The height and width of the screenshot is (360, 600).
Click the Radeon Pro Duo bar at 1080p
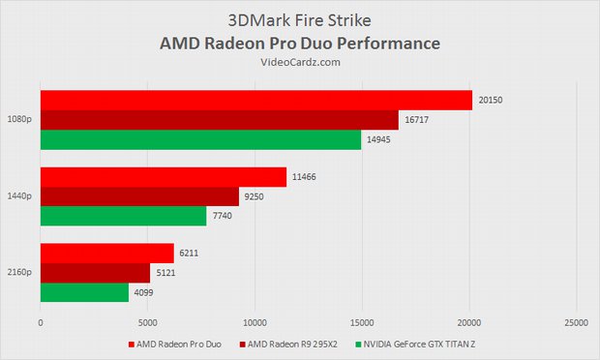[x=255, y=101]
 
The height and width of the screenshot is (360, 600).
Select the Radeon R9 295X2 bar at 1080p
[x=219, y=120]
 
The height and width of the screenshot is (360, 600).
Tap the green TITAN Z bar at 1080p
[x=200, y=140]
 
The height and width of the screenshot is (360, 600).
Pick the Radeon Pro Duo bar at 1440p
[x=163, y=177]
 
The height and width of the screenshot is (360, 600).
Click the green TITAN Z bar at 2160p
[x=84, y=292]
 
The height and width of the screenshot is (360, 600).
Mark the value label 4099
[x=146, y=292]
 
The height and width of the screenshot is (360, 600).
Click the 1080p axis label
[x=18, y=120]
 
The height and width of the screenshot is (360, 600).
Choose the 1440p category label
[x=18, y=196]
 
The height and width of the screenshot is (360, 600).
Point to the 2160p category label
[x=18, y=273]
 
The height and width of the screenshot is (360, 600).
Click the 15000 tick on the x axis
[x=362, y=322]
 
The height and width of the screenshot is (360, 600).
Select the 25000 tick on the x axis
[x=576, y=322]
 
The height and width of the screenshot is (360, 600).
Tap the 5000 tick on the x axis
[x=147, y=322]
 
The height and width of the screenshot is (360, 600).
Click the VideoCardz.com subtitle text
[x=300, y=62]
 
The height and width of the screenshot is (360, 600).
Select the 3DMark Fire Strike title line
[x=300, y=20]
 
